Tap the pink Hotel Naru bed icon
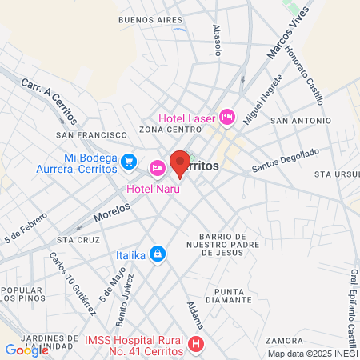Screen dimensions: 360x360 pyautogui.click(x=157, y=167)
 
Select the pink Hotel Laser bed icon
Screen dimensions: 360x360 pyautogui.click(x=226, y=118)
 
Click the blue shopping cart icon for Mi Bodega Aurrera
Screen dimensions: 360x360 pyautogui.click(x=129, y=162)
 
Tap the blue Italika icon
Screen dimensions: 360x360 pyautogui.click(x=158, y=254)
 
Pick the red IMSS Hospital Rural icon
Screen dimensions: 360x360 pyautogui.click(x=197, y=345)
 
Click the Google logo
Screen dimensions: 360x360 pyautogui.click(x=26, y=350)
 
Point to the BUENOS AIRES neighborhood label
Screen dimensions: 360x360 pyautogui.click(x=145, y=18)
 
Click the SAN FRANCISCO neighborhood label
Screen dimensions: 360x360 pyautogui.click(x=92, y=135)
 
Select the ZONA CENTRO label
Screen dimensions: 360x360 pyautogui.click(x=167, y=130)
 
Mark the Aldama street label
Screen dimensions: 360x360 pyautogui.click(x=197, y=318)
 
